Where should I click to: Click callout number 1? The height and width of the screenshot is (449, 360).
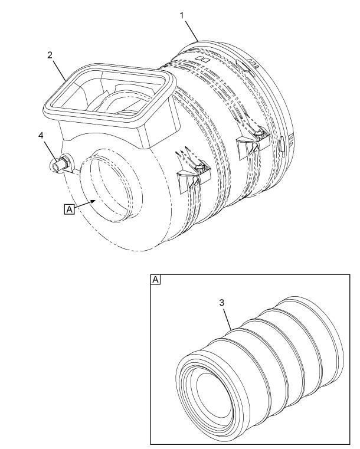pos(182,15)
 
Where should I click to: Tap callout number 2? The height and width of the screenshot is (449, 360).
pos(50,55)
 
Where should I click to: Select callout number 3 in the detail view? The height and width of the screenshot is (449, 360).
pos(222,303)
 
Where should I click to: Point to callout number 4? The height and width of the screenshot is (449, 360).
pos(41,136)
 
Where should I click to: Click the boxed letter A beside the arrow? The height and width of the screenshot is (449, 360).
pos(69,209)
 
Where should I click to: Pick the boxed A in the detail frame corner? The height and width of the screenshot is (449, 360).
pos(156,280)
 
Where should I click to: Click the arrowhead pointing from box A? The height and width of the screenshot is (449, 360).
pos(93,201)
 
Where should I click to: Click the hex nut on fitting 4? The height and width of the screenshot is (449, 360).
pos(64,162)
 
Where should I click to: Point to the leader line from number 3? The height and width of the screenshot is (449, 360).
pos(227,318)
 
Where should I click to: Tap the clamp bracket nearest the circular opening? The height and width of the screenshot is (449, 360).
pos(194,176)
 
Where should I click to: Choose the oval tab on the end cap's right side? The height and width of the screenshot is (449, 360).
pos(282,144)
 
